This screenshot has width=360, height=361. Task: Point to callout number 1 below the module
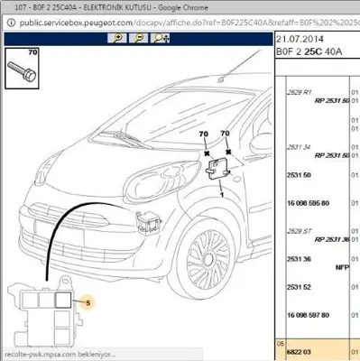[x=221, y=193]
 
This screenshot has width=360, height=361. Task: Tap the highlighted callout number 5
[x=88, y=304]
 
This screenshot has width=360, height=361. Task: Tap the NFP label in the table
[x=342, y=267]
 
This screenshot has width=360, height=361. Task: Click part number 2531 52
[x=299, y=287]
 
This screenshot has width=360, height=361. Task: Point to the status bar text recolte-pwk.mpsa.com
[x=54, y=355]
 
